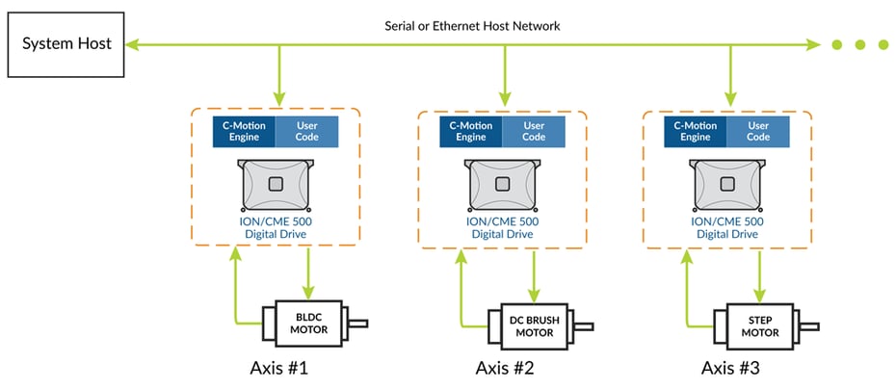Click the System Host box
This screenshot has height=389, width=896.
(66, 44)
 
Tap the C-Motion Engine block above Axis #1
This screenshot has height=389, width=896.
(244, 131)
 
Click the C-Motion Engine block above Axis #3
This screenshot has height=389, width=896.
(696, 131)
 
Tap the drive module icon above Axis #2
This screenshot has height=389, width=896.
(502, 184)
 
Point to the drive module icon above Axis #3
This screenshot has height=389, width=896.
(727, 184)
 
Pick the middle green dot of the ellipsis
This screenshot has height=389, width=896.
(859, 44)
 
